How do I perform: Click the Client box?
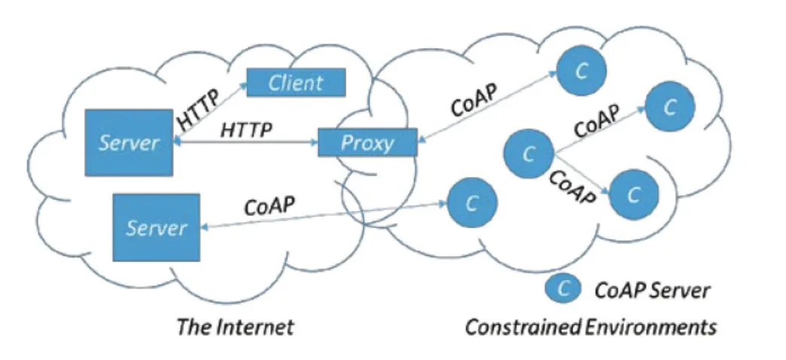296,82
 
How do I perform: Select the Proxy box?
367,143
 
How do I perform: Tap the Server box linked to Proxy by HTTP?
129,143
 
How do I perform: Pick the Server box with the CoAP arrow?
157,227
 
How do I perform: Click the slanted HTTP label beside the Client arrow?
199,110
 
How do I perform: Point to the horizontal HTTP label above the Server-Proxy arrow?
247,130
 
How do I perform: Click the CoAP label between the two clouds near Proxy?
474,100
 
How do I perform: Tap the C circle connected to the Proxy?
581,71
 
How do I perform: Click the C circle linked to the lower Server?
472,203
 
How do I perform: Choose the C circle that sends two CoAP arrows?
528,154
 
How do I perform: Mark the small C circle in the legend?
563,288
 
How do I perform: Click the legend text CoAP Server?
652,290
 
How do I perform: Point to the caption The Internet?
235,328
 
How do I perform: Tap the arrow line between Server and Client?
211,111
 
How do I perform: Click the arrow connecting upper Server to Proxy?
245,142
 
